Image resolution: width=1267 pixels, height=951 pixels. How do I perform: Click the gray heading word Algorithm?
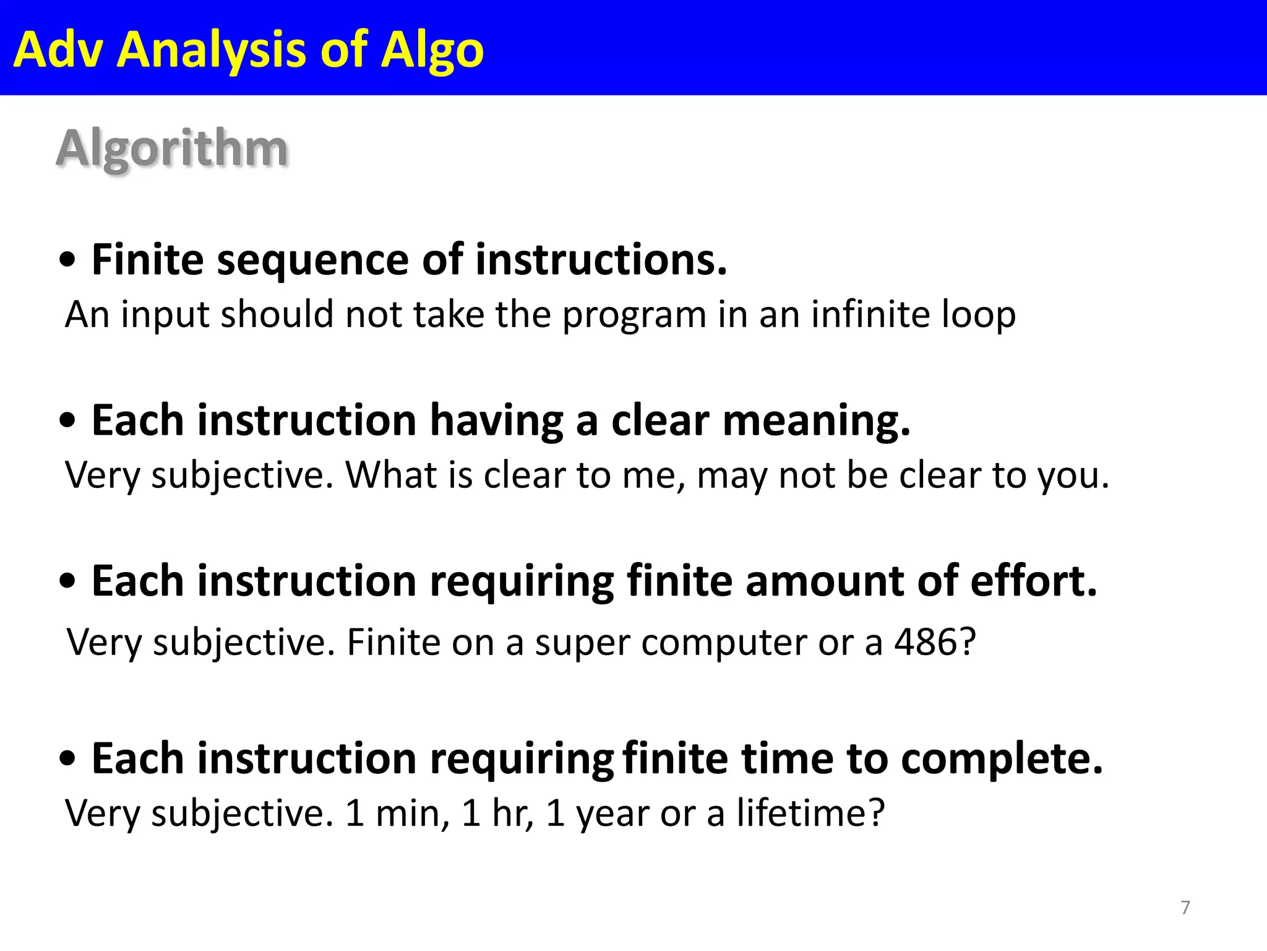(x=172, y=150)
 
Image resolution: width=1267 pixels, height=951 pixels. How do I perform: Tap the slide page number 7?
(x=1185, y=908)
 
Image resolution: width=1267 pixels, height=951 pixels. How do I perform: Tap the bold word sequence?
(x=312, y=260)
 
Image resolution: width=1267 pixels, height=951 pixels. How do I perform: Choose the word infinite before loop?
(x=869, y=314)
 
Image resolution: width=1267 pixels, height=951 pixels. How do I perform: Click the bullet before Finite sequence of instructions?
(x=67, y=261)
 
